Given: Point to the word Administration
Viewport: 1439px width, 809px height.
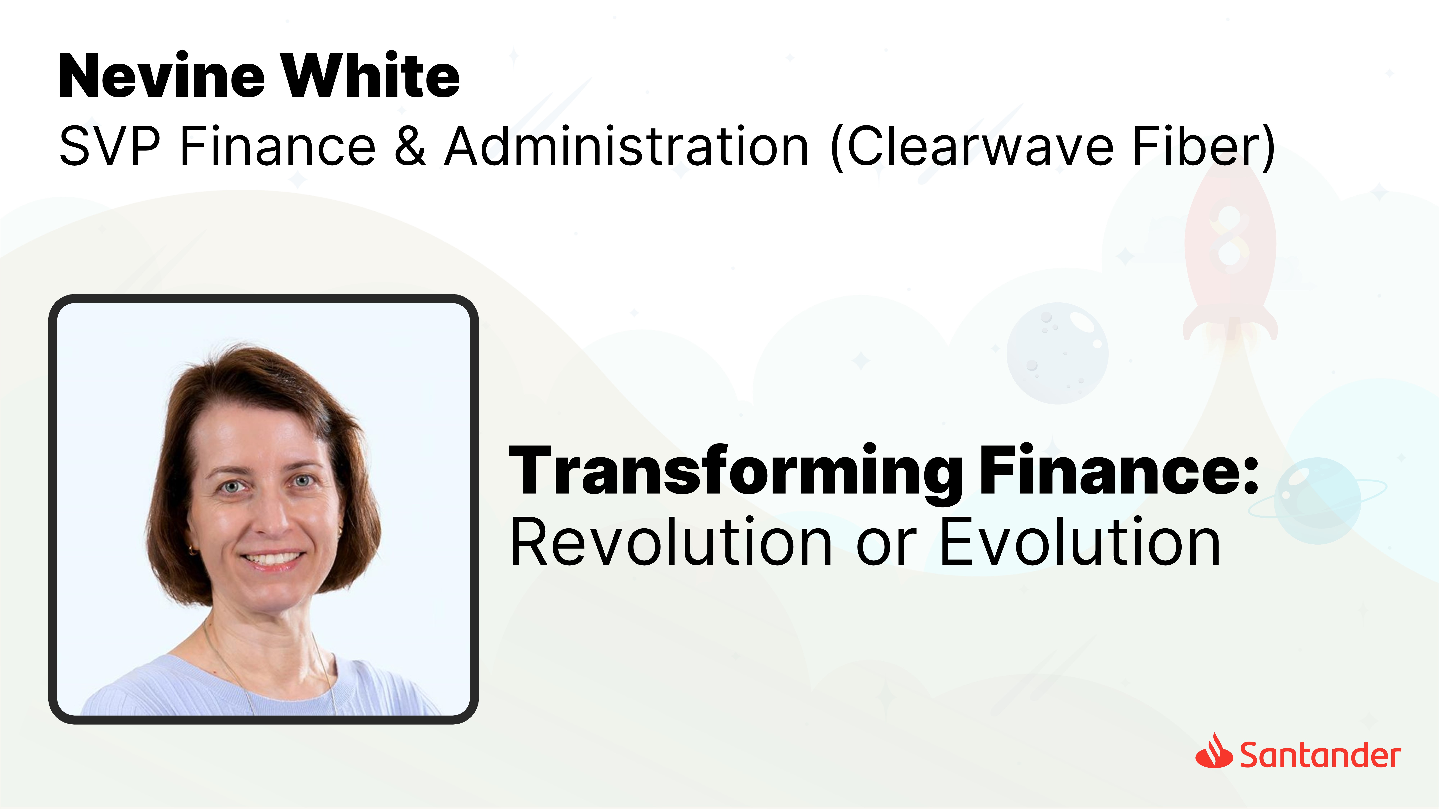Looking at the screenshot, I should pyautogui.click(x=627, y=146).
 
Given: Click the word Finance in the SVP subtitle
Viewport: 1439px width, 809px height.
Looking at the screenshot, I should pyautogui.click(x=278, y=146).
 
